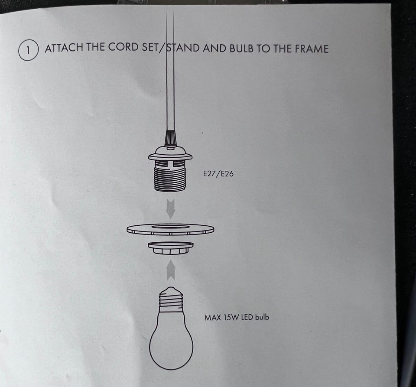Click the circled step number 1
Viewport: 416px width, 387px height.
[29, 50]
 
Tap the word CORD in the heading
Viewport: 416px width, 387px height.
[123, 48]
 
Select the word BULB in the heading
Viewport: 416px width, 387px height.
[241, 49]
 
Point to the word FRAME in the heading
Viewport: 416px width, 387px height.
[312, 49]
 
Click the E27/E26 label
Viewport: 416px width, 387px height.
[218, 174]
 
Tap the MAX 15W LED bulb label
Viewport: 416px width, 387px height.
[237, 317]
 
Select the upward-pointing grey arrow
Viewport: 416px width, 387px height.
[171, 270]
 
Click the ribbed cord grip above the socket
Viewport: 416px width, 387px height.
[170, 138]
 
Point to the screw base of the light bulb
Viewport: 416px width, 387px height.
[171, 300]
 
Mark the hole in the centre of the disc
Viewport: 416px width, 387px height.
[170, 227]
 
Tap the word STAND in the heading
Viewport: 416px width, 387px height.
[183, 48]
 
